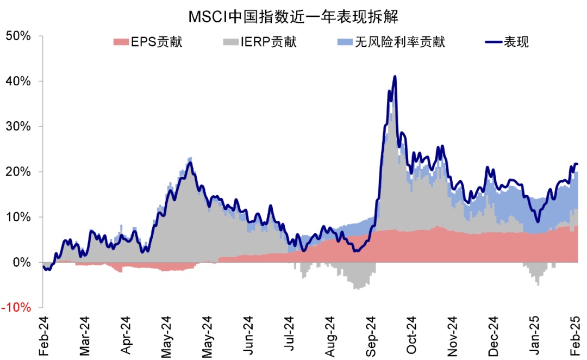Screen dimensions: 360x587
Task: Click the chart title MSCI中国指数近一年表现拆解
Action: [x=293, y=16]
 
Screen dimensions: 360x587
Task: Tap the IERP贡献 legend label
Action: [x=268, y=42]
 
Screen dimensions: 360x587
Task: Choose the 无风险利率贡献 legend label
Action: [x=399, y=42]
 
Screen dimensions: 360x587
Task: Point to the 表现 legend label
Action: [x=516, y=42]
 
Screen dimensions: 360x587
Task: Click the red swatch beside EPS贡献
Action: [x=120, y=42]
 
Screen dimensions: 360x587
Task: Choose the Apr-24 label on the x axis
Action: [x=126, y=336]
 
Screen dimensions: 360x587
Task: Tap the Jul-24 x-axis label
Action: [x=290, y=336]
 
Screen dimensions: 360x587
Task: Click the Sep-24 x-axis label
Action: [x=372, y=336]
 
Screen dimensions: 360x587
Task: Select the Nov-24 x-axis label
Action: [x=454, y=336]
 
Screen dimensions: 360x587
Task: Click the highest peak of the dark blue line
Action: [x=395, y=77]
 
